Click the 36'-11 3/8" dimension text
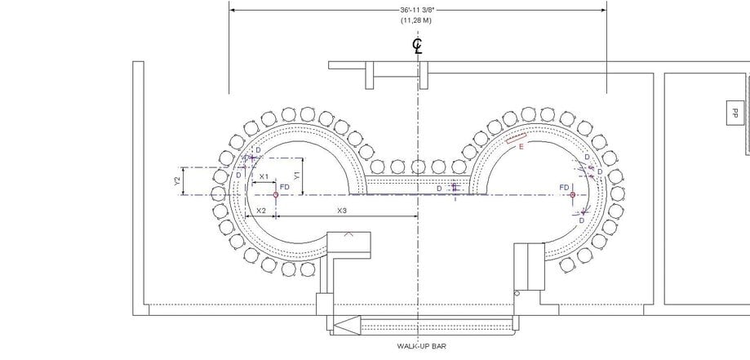[417, 10]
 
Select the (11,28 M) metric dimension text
[417, 20]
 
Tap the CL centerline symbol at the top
[417, 44]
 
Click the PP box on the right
[734, 113]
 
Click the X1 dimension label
[264, 176]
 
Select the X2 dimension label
[261, 211]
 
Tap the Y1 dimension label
[297, 174]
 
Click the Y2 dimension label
[177, 180]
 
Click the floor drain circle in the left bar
[276, 195]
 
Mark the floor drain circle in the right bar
[573, 195]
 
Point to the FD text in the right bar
[564, 187]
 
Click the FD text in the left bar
[285, 187]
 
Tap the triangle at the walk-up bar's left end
[348, 324]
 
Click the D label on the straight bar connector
[439, 189]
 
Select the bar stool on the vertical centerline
[418, 167]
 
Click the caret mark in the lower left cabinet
[349, 234]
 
